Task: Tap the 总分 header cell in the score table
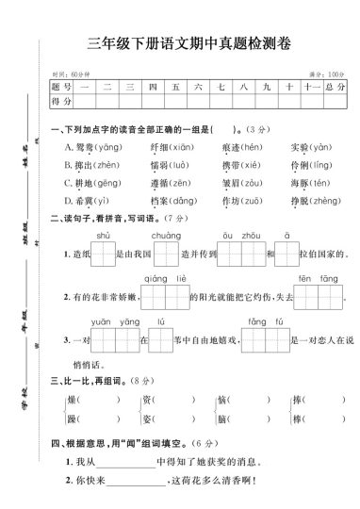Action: pos(335,87)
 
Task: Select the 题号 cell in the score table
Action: pos(62,87)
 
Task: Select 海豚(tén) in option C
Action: pos(311,183)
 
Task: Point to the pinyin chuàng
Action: pos(166,236)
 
